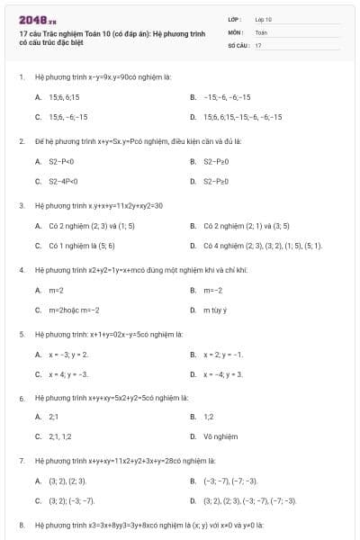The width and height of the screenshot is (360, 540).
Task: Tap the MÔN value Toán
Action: point(262,31)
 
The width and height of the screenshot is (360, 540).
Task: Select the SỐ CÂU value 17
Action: point(258,44)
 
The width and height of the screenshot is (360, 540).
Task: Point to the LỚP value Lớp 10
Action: point(264,19)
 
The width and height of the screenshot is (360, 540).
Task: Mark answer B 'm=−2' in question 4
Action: point(212,291)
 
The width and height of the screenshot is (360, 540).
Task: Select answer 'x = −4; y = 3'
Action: point(223,374)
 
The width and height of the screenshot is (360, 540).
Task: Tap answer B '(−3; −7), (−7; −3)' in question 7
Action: point(229,481)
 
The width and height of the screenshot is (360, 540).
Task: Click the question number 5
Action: point(21,334)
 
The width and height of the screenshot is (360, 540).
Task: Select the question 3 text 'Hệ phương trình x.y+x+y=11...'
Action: point(99,205)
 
